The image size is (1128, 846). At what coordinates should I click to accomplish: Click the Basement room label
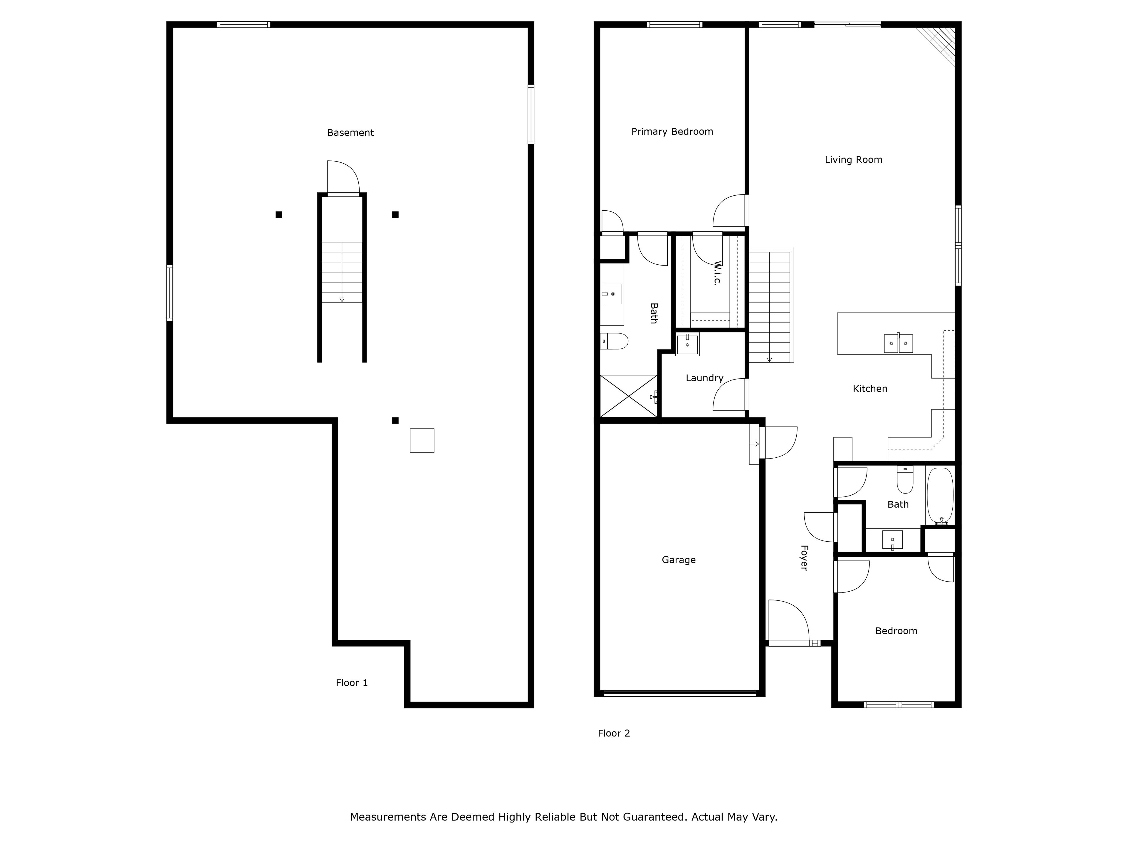pos(350,132)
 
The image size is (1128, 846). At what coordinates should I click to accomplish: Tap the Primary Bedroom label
pos(672,132)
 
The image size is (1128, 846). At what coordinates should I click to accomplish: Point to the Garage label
pos(679,560)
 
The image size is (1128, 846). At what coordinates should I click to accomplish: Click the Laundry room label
pos(704,378)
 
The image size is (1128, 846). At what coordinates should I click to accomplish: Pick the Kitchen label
pos(870,389)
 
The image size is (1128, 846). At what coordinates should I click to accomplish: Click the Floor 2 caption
pos(614,733)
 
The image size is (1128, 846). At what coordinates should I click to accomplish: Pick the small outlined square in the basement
pos(422,441)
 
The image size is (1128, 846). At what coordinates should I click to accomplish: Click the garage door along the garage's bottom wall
pos(679,693)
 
